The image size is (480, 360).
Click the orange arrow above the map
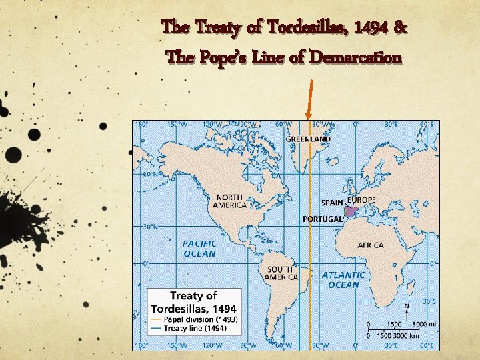tap(309, 100)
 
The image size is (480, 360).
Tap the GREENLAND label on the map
tap(308, 139)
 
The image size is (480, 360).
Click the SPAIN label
tap(332, 202)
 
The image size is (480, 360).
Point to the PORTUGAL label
tap(323, 218)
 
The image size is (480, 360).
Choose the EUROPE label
tap(361, 200)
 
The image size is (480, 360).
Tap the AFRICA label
tap(371, 245)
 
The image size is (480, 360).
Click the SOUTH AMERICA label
tap(281, 273)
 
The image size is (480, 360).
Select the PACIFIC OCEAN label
tap(199, 249)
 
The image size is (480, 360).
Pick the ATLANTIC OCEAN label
tap(343, 279)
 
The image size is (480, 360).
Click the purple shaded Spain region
tap(351, 211)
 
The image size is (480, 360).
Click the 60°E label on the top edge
tap(427, 123)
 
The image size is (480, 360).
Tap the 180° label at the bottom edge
tap(141, 345)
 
